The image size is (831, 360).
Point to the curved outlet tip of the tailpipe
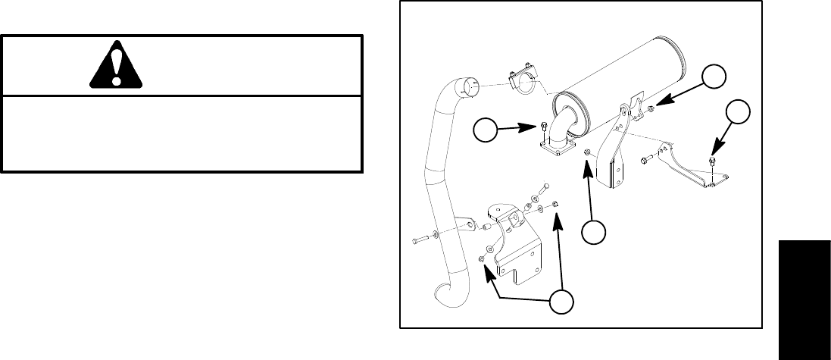tap(442, 298)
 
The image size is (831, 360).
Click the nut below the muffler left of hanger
tap(588, 155)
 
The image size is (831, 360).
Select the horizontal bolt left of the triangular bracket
tap(645, 160)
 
